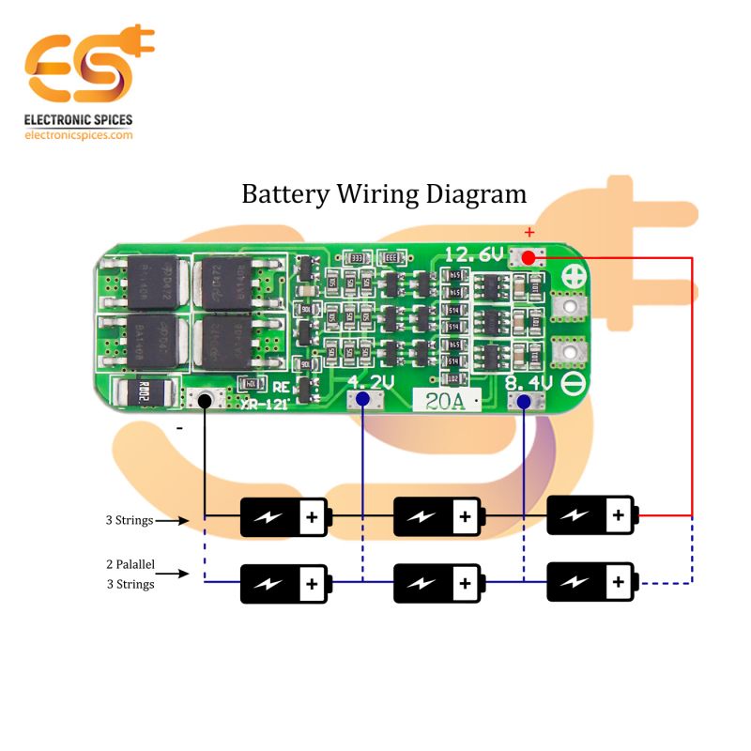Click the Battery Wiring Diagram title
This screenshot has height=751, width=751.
coord(384,194)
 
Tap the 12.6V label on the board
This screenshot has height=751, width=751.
coord(474,254)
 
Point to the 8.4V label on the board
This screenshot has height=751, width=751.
coord(529,383)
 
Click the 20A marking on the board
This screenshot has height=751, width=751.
coord(443,402)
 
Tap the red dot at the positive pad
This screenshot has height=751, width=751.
coord(529,255)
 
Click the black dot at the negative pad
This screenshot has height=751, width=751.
coord(204,400)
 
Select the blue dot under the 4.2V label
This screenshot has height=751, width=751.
coord(361,401)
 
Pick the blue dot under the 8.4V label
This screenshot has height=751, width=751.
coord(523,402)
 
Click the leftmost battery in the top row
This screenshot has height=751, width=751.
coord(284,516)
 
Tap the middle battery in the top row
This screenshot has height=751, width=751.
coord(437,515)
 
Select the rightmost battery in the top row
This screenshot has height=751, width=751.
coord(590,515)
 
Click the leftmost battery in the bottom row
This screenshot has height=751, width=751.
coord(284,583)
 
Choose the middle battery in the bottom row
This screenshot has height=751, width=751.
coord(437,583)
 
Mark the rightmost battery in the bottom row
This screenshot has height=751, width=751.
coord(590,582)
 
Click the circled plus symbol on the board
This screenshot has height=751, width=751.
coord(574,278)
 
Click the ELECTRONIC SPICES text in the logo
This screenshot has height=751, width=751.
coord(78,120)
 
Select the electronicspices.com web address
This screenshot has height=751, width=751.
coord(78,135)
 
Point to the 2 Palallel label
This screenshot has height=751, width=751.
coord(130,566)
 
